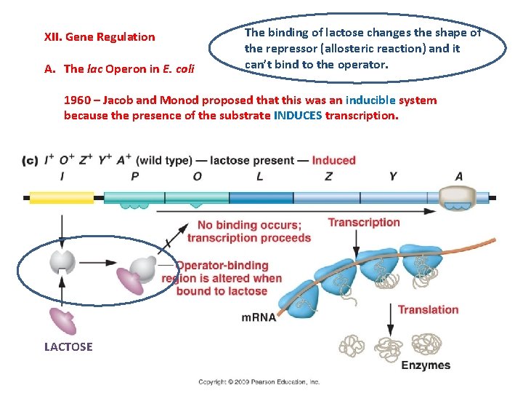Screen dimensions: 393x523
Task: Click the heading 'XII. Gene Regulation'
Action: click(x=100, y=37)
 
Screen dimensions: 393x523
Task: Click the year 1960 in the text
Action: click(x=78, y=100)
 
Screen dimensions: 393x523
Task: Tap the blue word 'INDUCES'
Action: click(x=300, y=115)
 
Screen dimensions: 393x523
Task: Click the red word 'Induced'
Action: click(x=334, y=160)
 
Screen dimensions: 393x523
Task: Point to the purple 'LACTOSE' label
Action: click(x=68, y=347)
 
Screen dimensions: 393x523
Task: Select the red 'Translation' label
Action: click(x=428, y=309)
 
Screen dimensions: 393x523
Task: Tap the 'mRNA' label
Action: click(x=259, y=318)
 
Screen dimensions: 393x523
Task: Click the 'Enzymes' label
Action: click(x=426, y=365)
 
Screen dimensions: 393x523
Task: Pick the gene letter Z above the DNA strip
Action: click(x=329, y=176)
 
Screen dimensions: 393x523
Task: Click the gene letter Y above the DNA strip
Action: click(x=393, y=176)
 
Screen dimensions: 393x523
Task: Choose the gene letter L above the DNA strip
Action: click(x=259, y=176)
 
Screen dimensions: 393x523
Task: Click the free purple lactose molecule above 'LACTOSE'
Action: click(x=62, y=321)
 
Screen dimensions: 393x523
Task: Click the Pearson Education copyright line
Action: click(x=260, y=381)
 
